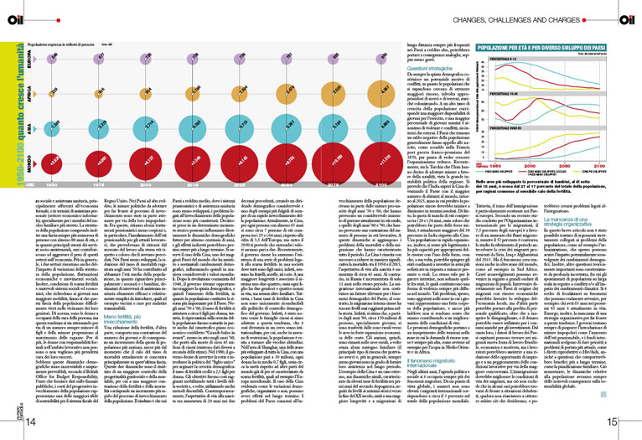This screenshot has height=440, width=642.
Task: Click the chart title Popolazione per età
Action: point(552,47)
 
